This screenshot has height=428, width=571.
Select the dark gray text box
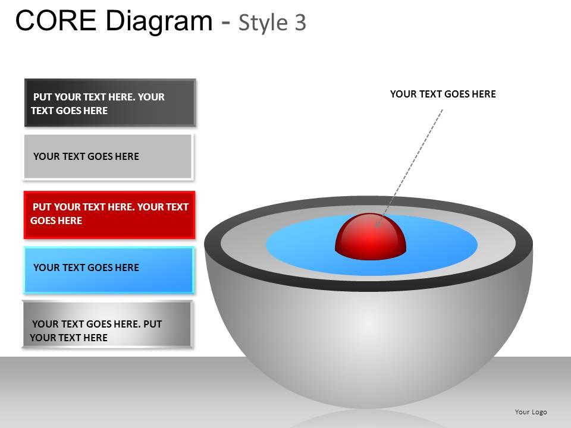[x=110, y=103]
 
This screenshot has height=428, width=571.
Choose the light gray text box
[x=108, y=156]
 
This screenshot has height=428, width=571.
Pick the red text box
[x=109, y=214]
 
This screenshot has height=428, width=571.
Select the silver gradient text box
[x=108, y=324]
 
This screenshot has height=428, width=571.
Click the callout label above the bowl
[x=443, y=94]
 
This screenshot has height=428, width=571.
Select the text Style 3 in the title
[x=272, y=22]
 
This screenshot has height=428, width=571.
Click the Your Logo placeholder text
[x=531, y=412]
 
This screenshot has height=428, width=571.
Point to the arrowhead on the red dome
[x=377, y=224]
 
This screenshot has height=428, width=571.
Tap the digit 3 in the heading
[x=300, y=22]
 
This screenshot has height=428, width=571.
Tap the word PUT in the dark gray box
[x=42, y=97]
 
